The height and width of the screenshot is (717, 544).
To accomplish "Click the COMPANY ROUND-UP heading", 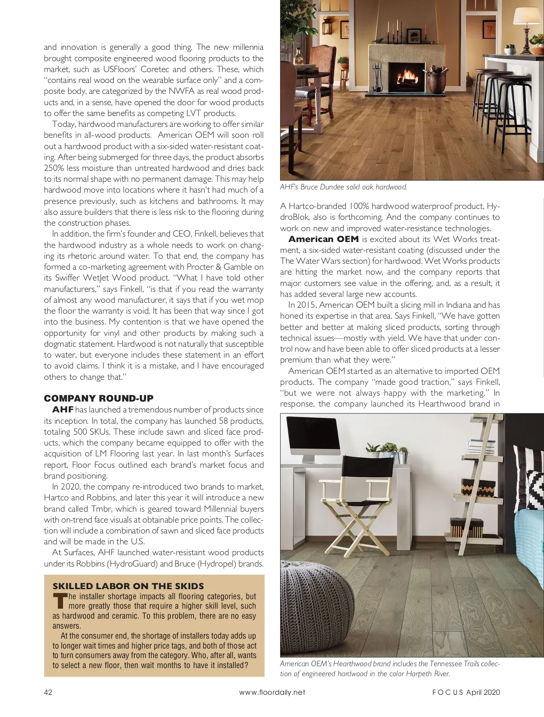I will (x=98, y=398).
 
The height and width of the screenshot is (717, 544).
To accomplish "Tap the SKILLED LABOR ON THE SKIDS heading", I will (x=128, y=586).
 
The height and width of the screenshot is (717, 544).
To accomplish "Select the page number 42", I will (x=49, y=692).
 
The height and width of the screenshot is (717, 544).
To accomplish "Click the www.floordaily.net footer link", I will (x=272, y=692).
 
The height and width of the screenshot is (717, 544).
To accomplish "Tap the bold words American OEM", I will (x=323, y=239).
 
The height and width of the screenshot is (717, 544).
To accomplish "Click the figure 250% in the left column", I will (x=53, y=168).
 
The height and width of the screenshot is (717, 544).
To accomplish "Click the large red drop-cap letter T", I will (x=59, y=601).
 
